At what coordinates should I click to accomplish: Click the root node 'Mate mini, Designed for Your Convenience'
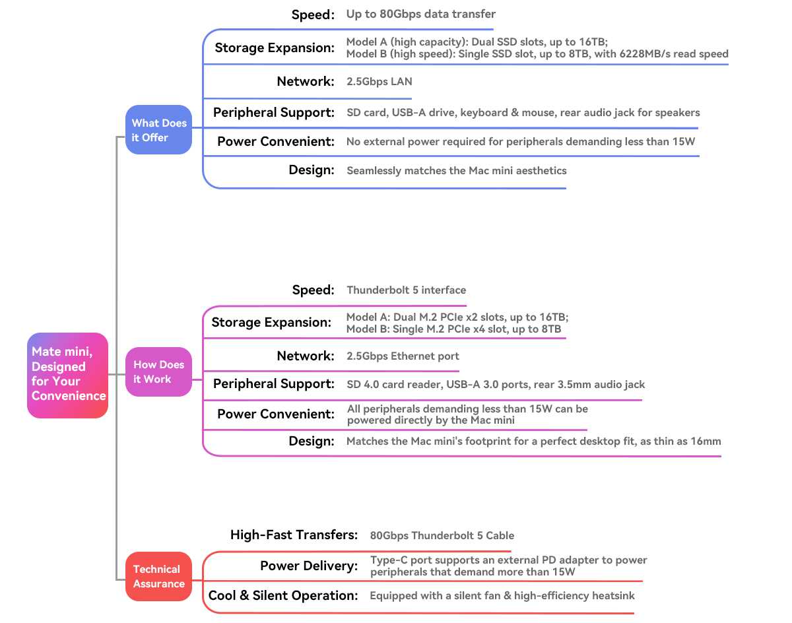(68, 376)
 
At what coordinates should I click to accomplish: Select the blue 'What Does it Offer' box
(158, 129)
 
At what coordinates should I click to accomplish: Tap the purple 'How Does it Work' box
(158, 372)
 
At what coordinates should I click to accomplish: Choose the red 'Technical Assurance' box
(158, 576)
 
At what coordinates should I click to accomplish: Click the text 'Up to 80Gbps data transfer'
(420, 14)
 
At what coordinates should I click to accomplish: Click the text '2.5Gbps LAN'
(379, 81)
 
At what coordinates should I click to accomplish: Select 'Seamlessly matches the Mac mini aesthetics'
(456, 171)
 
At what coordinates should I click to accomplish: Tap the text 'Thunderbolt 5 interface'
(407, 290)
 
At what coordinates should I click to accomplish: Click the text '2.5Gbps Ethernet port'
(403, 356)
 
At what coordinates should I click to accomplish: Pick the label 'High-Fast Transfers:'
(294, 535)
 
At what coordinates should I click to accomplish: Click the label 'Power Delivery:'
(309, 566)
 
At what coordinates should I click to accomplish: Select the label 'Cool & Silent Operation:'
(283, 595)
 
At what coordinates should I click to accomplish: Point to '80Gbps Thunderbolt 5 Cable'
(442, 535)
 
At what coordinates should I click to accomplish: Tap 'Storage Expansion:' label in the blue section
(275, 48)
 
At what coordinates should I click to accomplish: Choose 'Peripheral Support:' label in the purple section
(274, 384)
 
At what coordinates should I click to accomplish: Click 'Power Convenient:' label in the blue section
(276, 142)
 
